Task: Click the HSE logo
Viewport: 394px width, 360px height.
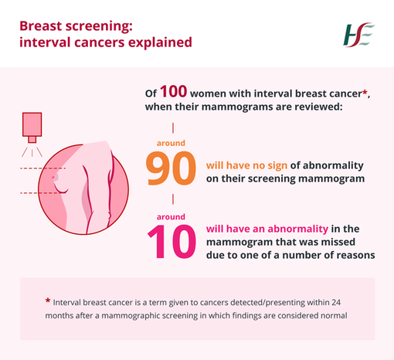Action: (x=358, y=34)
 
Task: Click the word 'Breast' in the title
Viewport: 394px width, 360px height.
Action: (x=44, y=26)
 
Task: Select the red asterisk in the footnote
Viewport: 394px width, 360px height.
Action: (x=48, y=301)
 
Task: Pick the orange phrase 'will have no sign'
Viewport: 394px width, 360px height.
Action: (x=248, y=165)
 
